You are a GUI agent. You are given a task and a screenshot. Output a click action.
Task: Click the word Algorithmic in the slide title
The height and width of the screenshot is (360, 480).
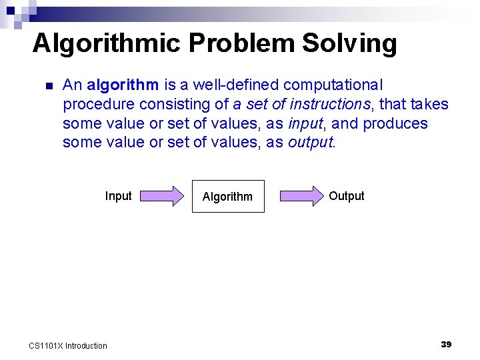pyautogui.click(x=106, y=44)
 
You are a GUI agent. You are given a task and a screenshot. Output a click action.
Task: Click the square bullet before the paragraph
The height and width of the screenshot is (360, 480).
pyautogui.click(x=48, y=86)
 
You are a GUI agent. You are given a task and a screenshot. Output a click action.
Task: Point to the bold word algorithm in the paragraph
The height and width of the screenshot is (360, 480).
pyautogui.click(x=123, y=85)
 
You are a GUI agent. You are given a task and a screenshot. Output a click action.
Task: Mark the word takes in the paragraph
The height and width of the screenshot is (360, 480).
pyautogui.click(x=430, y=105)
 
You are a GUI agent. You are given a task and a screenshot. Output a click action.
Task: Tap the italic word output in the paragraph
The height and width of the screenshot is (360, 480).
pyautogui.click(x=310, y=143)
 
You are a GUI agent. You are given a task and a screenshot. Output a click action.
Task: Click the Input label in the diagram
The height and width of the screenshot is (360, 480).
pyautogui.click(x=118, y=196)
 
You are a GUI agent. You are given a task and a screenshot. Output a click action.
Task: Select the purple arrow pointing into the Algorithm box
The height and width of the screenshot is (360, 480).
pyautogui.click(x=161, y=196)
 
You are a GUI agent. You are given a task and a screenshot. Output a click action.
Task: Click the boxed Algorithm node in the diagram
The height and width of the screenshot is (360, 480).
pyautogui.click(x=228, y=196)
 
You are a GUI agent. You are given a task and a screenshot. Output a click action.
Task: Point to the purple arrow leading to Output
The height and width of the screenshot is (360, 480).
pyautogui.click(x=301, y=196)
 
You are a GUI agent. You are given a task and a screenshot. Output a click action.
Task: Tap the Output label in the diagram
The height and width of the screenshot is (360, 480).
pyautogui.click(x=347, y=196)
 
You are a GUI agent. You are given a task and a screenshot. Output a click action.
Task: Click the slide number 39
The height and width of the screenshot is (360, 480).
pyautogui.click(x=446, y=344)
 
